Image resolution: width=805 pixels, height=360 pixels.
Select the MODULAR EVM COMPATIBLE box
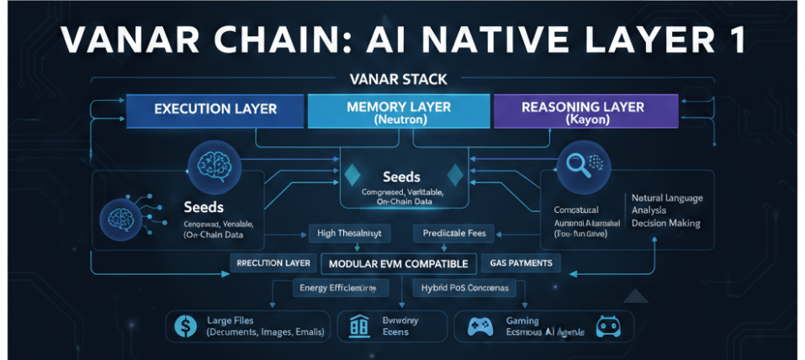[x=399, y=263]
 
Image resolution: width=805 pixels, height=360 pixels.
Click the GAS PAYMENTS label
[x=521, y=263]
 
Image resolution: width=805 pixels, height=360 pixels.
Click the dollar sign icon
[x=182, y=326]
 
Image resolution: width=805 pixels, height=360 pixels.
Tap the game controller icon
[x=479, y=327]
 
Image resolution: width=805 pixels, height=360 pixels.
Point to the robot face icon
[x=606, y=326]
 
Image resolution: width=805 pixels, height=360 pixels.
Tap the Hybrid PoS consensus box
[x=460, y=288]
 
